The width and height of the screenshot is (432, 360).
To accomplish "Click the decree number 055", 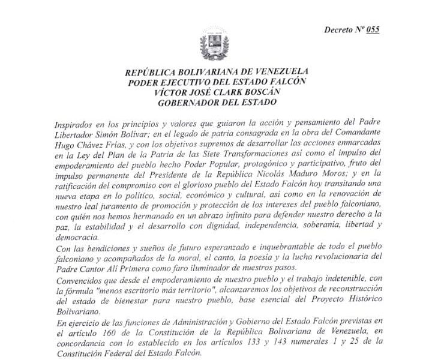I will pyautogui.click(x=373, y=29).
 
